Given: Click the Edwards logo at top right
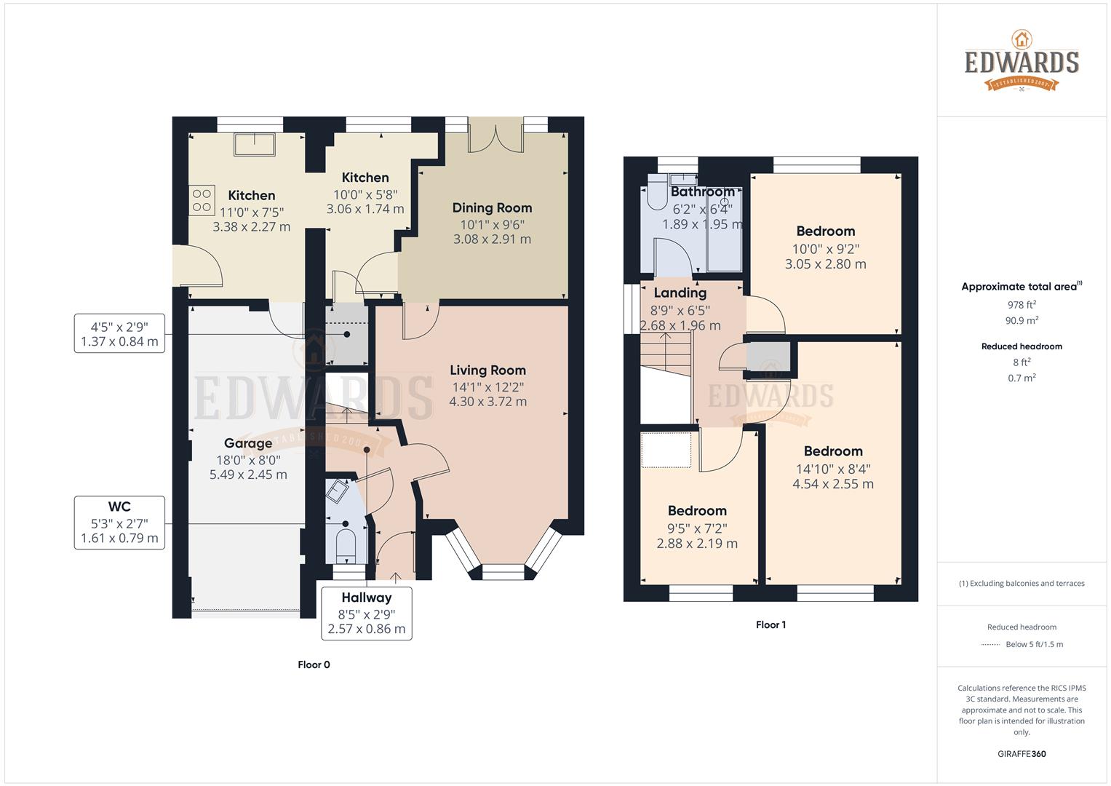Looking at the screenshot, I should click(x=1022, y=62).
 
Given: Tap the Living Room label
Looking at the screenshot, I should click(x=487, y=370).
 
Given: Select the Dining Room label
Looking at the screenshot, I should click(x=492, y=208).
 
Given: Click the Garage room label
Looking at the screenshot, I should click(x=248, y=443).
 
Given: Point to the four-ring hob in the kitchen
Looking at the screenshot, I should click(x=202, y=200).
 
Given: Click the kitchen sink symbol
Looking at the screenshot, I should click(x=254, y=144).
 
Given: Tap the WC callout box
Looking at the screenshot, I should click(x=119, y=523).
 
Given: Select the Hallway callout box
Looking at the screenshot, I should click(x=367, y=613).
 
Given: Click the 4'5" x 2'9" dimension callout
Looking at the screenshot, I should click(x=119, y=333).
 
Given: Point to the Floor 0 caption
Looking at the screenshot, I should click(x=314, y=664).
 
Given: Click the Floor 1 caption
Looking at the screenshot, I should click(x=770, y=624).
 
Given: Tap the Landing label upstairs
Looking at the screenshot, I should click(x=680, y=293).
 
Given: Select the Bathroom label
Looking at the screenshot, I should click(x=702, y=191).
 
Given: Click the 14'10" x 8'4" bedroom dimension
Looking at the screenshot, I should click(x=833, y=469).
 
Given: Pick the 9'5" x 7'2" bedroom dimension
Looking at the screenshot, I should click(x=697, y=529).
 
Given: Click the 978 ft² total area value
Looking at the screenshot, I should click(x=1022, y=305).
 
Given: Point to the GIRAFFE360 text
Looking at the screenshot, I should click(x=1022, y=754).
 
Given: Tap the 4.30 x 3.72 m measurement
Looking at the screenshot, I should click(x=487, y=402).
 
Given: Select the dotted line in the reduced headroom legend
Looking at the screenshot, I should click(x=989, y=645).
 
